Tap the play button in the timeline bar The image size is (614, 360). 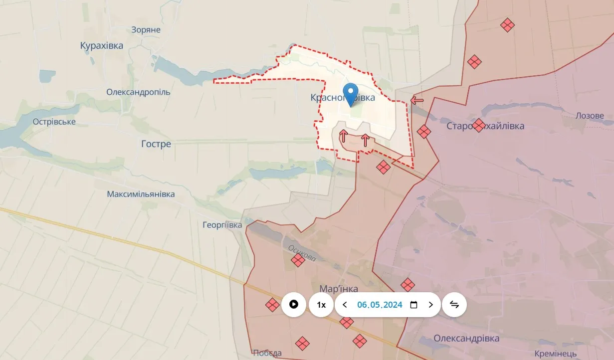(x=294, y=304)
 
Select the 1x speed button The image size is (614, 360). (x=321, y=305)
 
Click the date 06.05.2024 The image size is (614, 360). (x=380, y=305)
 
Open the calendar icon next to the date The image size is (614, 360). (x=413, y=305)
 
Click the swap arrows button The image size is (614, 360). (x=454, y=304)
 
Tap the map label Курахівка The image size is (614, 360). (x=101, y=46)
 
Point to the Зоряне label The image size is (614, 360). (x=146, y=30)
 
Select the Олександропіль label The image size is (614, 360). (x=138, y=92)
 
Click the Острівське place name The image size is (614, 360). (x=54, y=122)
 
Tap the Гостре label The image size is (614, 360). (x=156, y=144)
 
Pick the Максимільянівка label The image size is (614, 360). (x=141, y=194)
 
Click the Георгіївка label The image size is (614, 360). (x=222, y=225)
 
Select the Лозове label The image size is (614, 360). (x=590, y=116)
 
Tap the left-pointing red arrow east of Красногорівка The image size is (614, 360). (x=417, y=100)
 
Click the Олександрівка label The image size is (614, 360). (x=466, y=339)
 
